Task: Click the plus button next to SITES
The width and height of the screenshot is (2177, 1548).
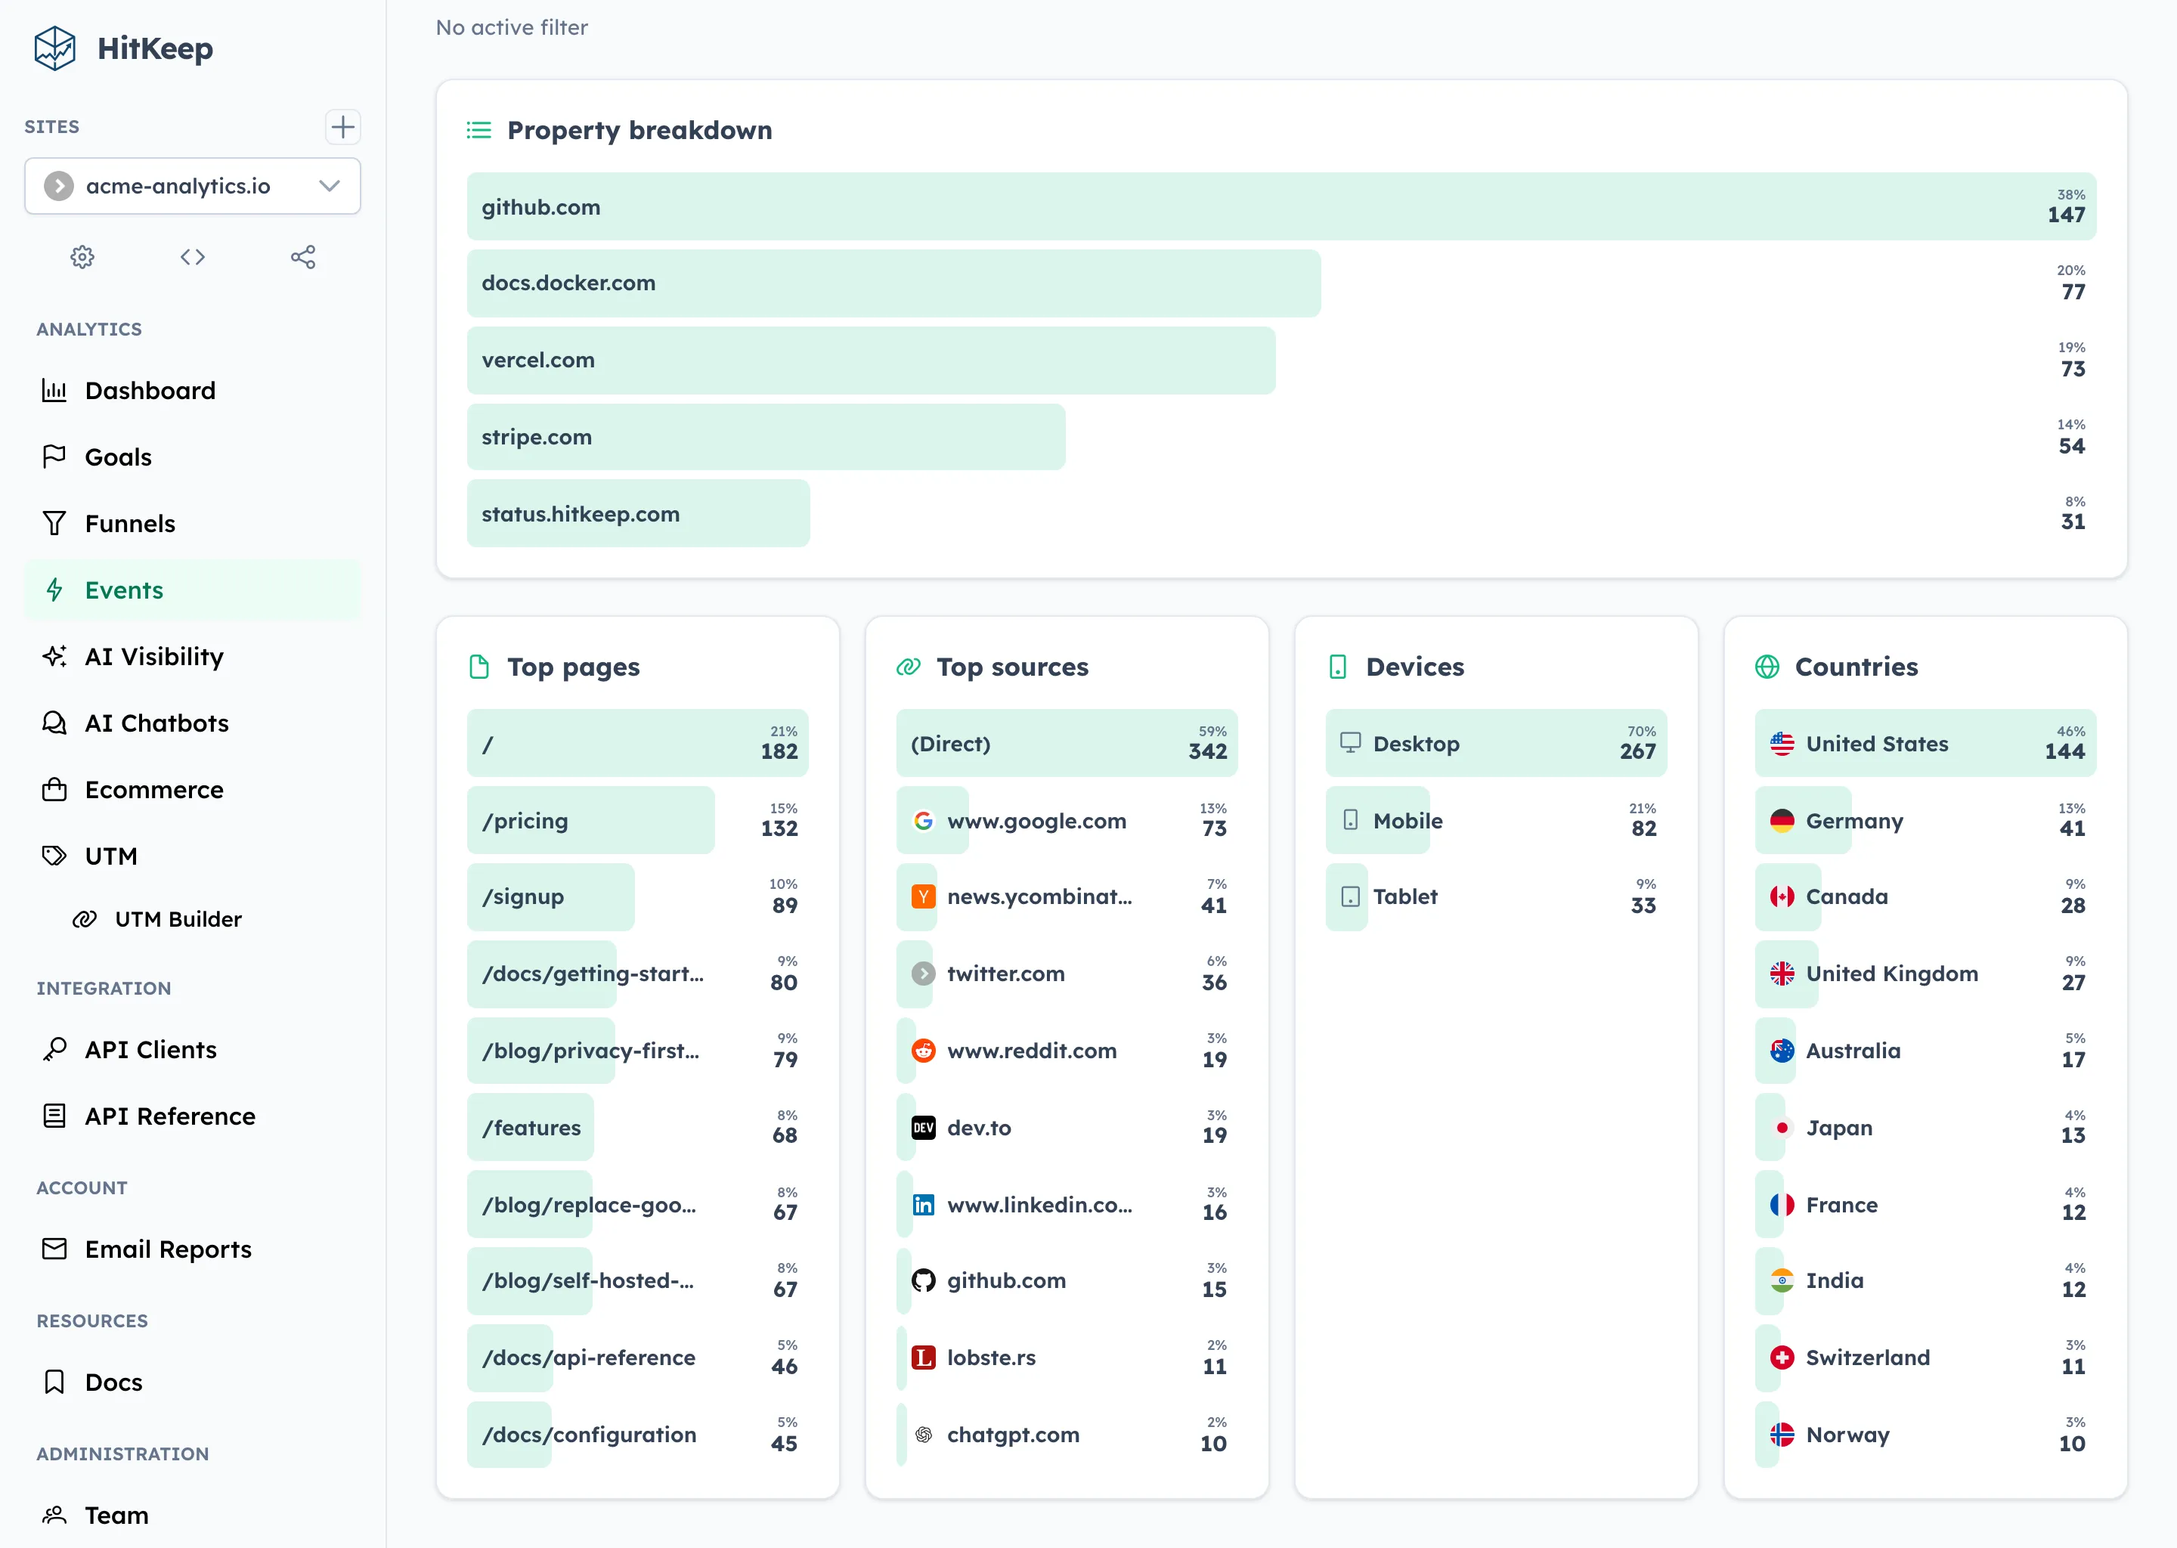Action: tap(342, 127)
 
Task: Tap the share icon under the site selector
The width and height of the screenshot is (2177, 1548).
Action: tap(303, 257)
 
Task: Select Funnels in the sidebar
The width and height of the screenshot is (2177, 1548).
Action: tap(129, 523)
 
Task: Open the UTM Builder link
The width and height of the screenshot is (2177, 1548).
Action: tap(178, 919)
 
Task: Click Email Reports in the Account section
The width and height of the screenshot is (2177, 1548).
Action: tap(168, 1249)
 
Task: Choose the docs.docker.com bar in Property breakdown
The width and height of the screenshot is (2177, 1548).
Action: tap(893, 283)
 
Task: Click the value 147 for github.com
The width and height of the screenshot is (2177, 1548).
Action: tap(2065, 215)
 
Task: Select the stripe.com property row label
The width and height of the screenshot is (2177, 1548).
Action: tap(537, 438)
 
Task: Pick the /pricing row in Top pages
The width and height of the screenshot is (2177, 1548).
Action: tap(590, 821)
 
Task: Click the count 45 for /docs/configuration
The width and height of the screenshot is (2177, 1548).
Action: tap(783, 1443)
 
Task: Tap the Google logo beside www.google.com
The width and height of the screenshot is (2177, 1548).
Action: tap(923, 821)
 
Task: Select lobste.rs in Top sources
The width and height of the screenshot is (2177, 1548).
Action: tap(991, 1358)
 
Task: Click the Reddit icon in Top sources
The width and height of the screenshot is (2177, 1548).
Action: tap(923, 1051)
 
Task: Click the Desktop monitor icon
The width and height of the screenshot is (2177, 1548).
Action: tap(1349, 742)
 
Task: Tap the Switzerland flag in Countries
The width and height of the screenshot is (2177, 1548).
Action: tap(1782, 1358)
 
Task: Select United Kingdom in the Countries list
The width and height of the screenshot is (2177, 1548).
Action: tap(1891, 974)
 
